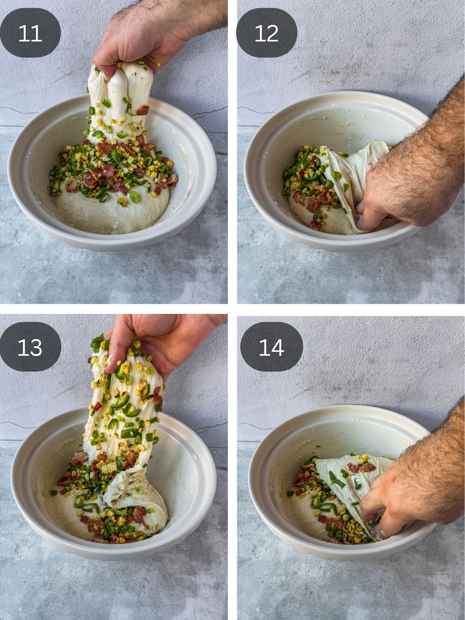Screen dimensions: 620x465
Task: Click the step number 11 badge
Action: pos(30,33)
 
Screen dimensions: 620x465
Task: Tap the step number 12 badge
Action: pos(267,33)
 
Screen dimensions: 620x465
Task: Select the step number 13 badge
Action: pos(30,347)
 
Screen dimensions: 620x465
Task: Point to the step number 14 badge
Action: pos(271,347)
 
